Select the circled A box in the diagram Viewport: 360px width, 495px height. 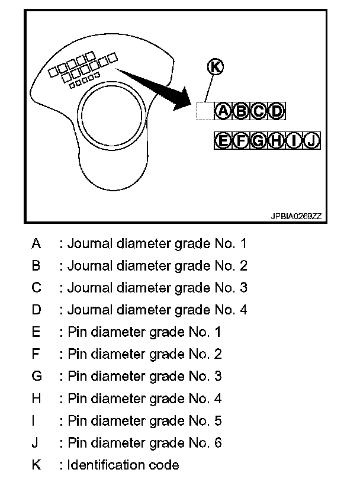[x=223, y=111]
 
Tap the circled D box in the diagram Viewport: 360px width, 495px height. [x=277, y=111]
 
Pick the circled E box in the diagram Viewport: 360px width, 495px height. [x=223, y=140]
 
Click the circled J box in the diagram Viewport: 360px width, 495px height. [x=312, y=140]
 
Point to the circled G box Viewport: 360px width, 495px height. [x=259, y=140]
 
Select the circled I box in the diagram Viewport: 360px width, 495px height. [x=294, y=140]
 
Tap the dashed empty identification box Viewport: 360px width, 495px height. [x=205, y=111]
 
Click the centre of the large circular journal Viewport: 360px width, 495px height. [x=112, y=112]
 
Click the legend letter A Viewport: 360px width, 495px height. [x=37, y=243]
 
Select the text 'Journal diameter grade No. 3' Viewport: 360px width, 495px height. [x=157, y=288]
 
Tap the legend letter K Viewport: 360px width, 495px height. [x=37, y=465]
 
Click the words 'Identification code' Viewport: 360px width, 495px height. [x=123, y=465]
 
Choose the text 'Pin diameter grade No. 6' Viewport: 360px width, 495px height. [x=145, y=442]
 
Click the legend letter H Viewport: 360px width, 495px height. [x=37, y=398]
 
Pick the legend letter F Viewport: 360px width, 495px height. [x=37, y=354]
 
